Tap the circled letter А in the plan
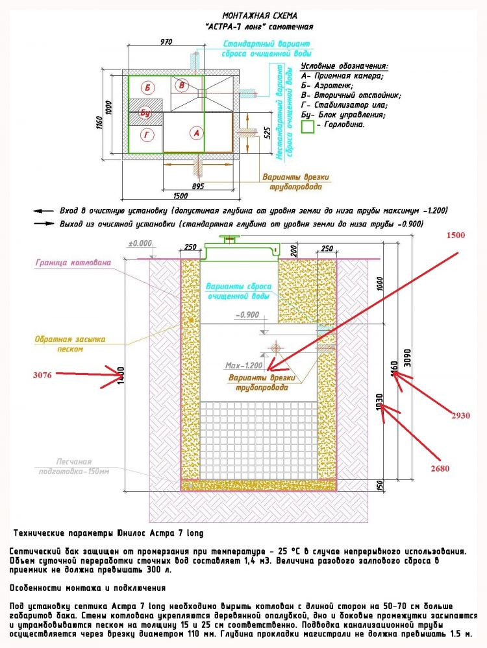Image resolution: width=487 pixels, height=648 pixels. click(195, 133)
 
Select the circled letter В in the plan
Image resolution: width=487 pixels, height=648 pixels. click(182, 86)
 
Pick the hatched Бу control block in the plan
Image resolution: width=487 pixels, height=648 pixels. click(144, 112)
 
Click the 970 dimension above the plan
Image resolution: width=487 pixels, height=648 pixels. click(166, 42)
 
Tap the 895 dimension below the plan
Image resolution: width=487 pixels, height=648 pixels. click(198, 186)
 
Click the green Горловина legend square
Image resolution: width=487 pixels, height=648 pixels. click(308, 127)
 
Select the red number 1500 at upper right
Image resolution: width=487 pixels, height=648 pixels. click(455, 235)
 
